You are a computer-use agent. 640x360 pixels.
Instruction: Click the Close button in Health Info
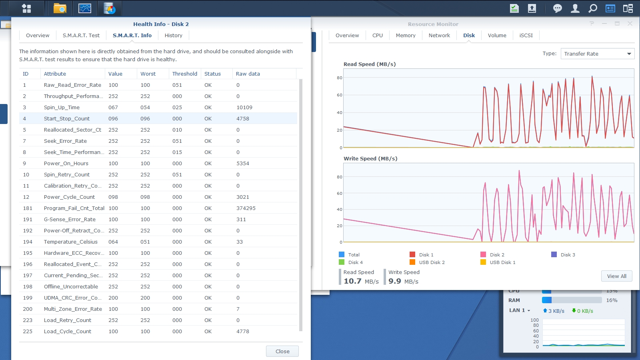(282, 351)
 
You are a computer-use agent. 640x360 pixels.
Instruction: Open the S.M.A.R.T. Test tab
(81, 36)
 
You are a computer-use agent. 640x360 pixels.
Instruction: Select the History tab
(174, 36)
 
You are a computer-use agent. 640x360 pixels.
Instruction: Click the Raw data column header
(248, 74)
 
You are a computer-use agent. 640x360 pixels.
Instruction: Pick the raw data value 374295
(246, 208)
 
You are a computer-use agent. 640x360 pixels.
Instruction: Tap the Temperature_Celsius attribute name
(70, 242)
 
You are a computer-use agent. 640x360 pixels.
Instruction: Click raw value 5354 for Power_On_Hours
(242, 164)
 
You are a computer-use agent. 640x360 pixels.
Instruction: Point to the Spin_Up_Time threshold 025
(177, 108)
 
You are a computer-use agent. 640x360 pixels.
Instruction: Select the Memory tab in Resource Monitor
(406, 36)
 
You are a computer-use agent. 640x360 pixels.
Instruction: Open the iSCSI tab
(526, 36)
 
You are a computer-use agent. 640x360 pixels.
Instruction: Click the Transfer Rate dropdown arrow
(629, 54)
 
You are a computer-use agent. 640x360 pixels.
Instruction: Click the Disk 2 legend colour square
(483, 254)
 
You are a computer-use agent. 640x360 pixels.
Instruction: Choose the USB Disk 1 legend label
(502, 262)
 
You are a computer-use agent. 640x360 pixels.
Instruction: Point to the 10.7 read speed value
(352, 281)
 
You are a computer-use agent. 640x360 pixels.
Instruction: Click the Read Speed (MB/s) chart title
(370, 64)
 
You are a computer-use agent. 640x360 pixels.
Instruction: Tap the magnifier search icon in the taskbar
(592, 8)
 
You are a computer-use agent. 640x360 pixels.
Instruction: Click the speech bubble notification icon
(557, 8)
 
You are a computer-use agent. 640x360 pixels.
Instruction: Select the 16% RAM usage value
(612, 300)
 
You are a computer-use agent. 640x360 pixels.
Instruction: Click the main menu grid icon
(26, 8)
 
